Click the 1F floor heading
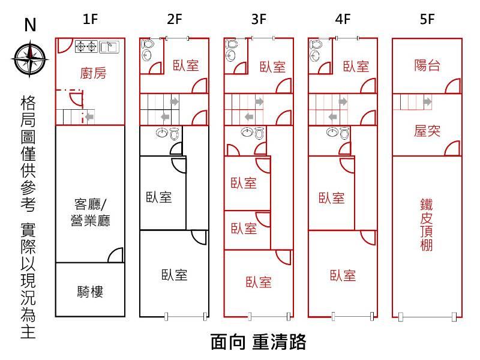(x=90, y=19)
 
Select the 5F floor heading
(x=427, y=19)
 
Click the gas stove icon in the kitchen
(x=86, y=46)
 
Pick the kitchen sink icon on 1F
(x=109, y=46)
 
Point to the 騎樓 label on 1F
(x=91, y=292)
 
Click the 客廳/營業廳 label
(x=91, y=211)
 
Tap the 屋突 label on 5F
(x=427, y=131)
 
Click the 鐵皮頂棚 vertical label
(x=427, y=225)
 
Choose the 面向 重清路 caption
(x=259, y=342)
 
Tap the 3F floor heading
(x=259, y=19)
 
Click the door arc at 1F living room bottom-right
(x=116, y=256)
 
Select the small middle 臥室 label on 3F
(x=244, y=229)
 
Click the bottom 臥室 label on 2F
(x=174, y=275)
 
